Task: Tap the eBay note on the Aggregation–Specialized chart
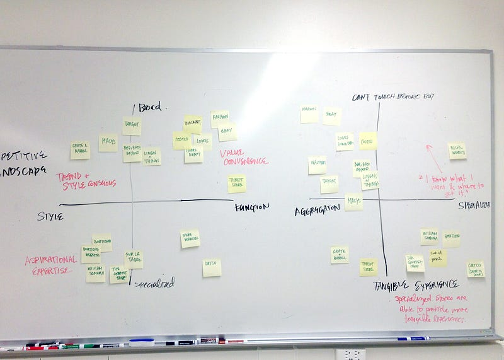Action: pyautogui.click(x=331, y=116)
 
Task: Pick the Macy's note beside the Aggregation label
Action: pyautogui.click(x=353, y=202)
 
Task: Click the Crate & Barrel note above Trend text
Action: pyautogui.click(x=80, y=150)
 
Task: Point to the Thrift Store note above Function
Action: pyautogui.click(x=237, y=183)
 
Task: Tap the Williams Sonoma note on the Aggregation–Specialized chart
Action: pyautogui.click(x=429, y=237)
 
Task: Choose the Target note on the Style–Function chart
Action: pyautogui.click(x=132, y=126)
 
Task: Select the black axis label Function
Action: pyautogui.click(x=252, y=207)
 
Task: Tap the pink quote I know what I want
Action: pyautogui.click(x=452, y=182)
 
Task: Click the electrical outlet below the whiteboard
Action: pyautogui.click(x=350, y=354)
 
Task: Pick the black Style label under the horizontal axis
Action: pyautogui.click(x=50, y=216)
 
